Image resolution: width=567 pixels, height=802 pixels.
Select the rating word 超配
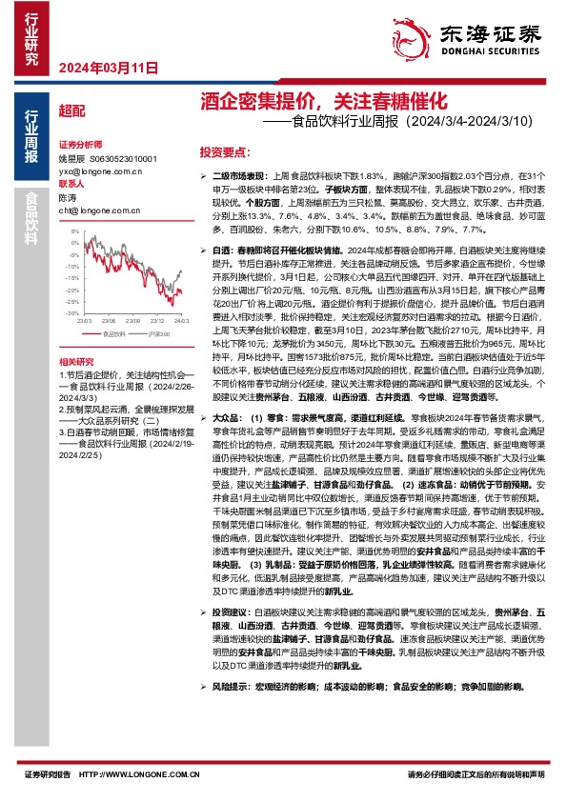(x=71, y=110)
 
